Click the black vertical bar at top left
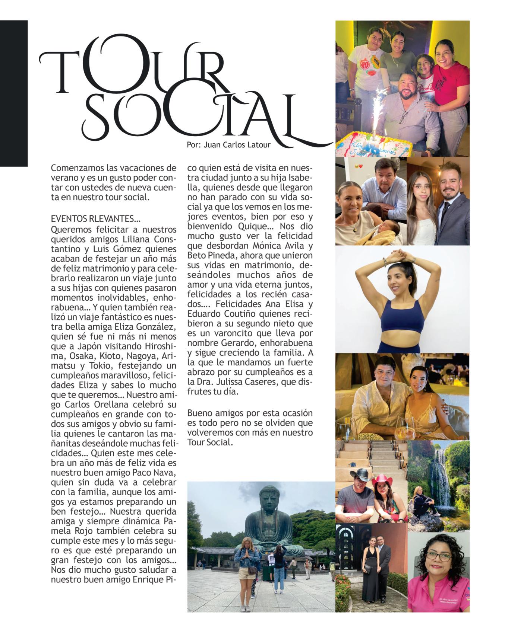14,93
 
